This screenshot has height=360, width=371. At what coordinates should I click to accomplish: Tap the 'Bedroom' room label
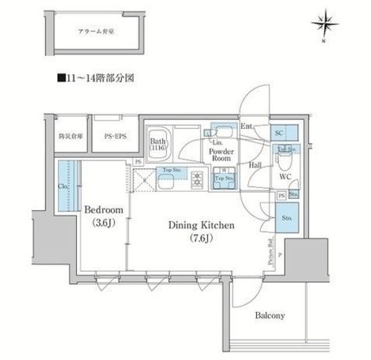(104, 209)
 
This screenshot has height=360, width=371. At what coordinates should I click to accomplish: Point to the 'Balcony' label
(270, 315)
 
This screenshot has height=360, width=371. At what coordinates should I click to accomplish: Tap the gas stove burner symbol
(197, 180)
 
